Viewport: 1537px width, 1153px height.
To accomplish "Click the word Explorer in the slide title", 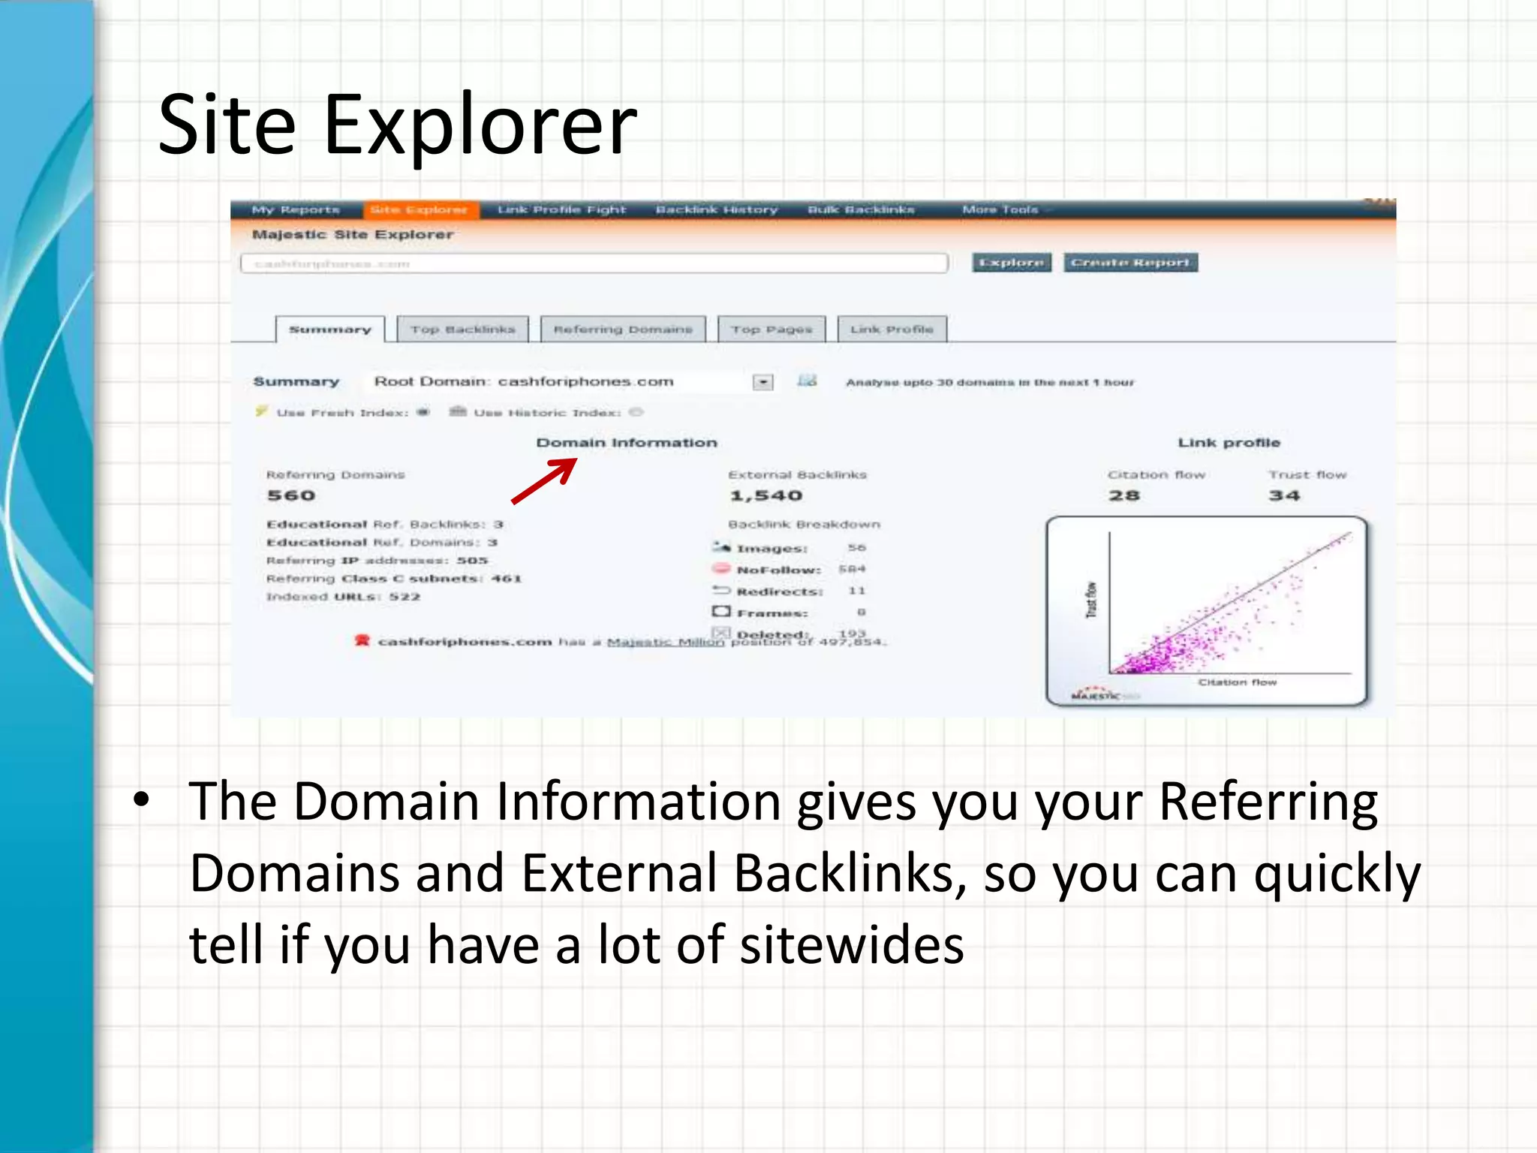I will (480, 125).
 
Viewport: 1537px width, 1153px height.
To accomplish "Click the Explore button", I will (1011, 262).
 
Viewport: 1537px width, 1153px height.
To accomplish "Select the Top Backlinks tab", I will (462, 330).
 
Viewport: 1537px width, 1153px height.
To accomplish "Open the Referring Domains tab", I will (622, 330).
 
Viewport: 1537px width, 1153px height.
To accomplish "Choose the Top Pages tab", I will (772, 330).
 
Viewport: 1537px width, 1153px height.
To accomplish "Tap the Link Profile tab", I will (892, 330).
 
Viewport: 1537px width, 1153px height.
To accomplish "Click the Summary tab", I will (330, 330).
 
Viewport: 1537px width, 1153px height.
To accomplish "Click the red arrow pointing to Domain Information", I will (545, 481).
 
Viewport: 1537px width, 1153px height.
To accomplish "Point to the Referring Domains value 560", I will (291, 495).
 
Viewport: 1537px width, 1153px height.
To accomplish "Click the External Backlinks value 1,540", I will (766, 495).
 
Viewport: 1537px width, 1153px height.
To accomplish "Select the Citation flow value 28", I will (1124, 495).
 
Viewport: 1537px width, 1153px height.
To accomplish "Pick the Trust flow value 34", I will (1284, 495).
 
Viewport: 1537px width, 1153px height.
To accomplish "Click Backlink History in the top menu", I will (717, 209).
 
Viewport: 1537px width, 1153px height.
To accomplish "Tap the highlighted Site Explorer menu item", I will (419, 209).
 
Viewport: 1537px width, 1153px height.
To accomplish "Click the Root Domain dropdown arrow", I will (762, 382).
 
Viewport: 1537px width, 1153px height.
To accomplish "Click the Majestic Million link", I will (666, 642).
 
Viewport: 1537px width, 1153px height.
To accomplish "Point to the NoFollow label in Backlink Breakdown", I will (778, 570).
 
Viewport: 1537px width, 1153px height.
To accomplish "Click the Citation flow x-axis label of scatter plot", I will (1237, 682).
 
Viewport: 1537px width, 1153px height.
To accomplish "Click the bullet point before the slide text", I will (141, 800).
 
